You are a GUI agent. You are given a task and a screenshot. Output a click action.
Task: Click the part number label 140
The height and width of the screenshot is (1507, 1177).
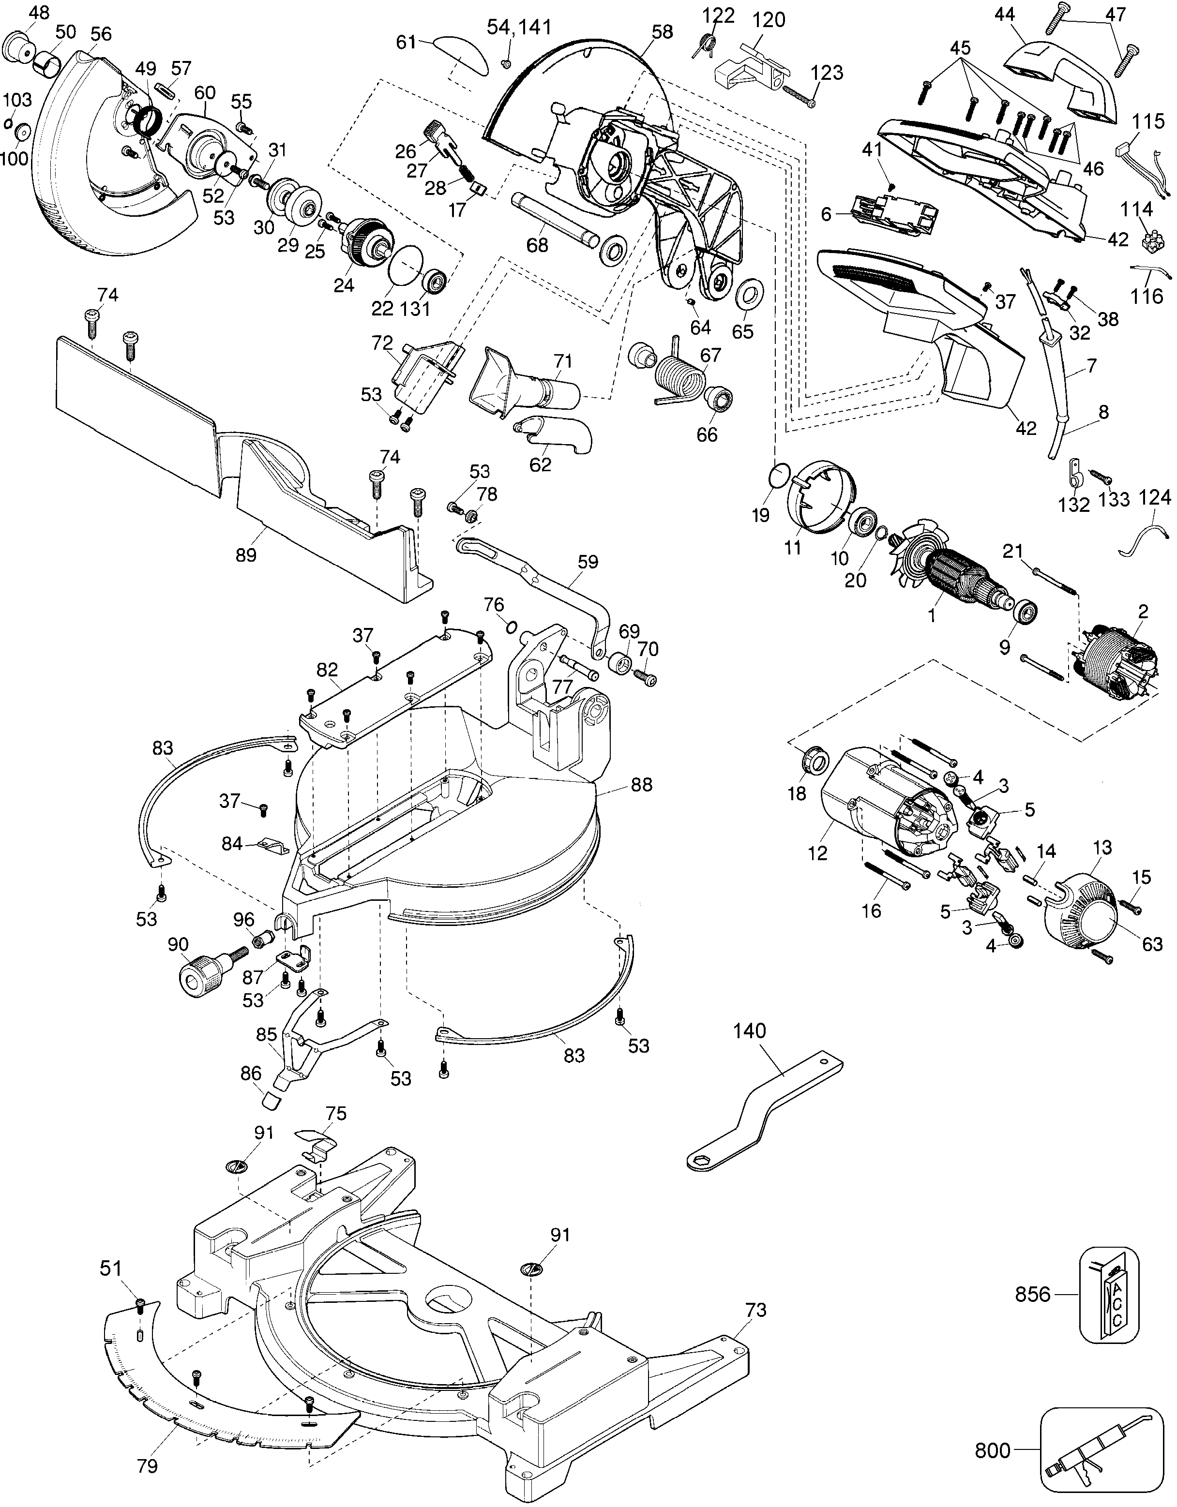(x=749, y=1051)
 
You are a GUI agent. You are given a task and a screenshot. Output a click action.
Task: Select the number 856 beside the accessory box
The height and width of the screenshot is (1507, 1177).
(x=1033, y=1295)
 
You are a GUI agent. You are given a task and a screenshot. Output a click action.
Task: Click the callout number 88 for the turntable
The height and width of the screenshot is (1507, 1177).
(x=641, y=785)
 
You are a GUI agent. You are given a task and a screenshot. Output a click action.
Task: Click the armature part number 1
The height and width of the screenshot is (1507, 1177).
(x=932, y=615)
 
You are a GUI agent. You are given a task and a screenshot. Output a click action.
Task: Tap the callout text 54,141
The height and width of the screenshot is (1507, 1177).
(x=519, y=28)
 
